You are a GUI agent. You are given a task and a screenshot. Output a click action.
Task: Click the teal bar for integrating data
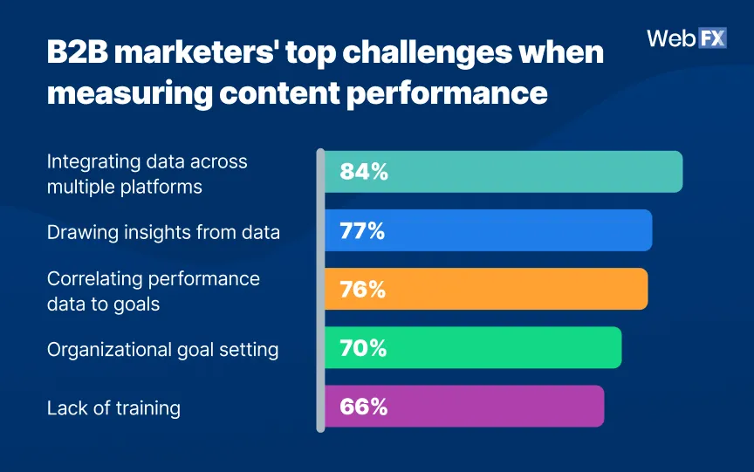[x=524, y=172]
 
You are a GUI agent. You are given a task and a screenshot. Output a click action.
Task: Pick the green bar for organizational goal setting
[x=497, y=347]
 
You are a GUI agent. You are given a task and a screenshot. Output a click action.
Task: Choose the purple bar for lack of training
[x=489, y=406]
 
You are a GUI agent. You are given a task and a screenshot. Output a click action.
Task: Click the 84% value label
[x=363, y=172]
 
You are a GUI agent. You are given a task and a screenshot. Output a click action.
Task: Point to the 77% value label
[x=362, y=230]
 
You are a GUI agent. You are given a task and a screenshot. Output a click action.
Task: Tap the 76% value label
[x=362, y=289]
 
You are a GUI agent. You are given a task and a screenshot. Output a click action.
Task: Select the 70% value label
[x=362, y=347]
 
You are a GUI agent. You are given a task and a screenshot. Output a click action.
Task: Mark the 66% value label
[x=362, y=407]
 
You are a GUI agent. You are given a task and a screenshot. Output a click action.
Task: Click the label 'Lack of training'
[x=113, y=407]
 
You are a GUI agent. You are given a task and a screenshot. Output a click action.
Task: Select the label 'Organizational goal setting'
[x=162, y=349]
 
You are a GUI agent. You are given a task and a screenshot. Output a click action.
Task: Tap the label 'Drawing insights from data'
[x=163, y=232]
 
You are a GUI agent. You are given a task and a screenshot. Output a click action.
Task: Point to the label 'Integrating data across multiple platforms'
[x=147, y=174]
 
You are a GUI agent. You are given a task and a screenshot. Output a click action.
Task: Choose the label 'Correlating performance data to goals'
[x=153, y=291]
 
